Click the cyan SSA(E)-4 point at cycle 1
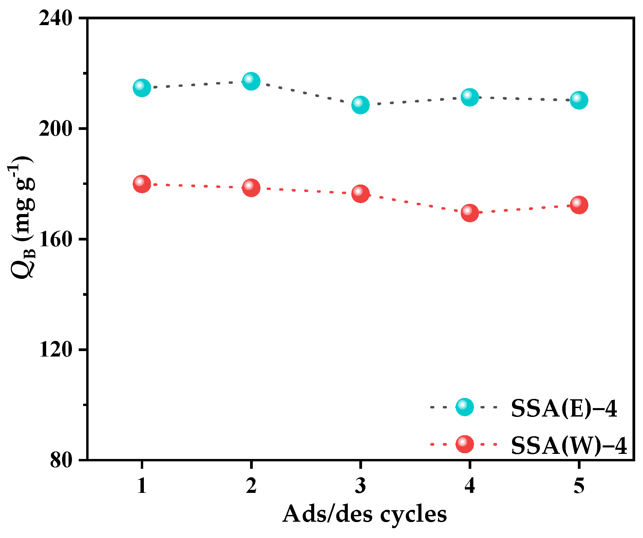click(142, 88)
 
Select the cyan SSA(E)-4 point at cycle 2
click(251, 81)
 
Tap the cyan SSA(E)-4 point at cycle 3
click(360, 105)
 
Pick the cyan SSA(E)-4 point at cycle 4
click(470, 98)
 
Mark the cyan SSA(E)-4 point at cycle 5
click(579, 100)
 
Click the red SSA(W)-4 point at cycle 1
click(142, 184)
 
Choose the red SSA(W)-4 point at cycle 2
click(251, 188)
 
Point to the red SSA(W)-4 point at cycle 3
click(360, 194)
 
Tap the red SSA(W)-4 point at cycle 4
click(470, 213)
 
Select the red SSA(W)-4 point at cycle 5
click(579, 205)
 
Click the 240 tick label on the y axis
click(56, 18)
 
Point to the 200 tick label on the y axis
click(56, 129)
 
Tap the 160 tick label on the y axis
click(56, 239)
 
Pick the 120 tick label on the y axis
click(56, 350)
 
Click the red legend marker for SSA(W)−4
click(465, 444)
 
